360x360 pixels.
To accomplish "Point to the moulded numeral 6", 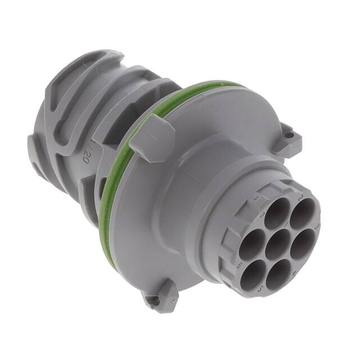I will [x=240, y=264].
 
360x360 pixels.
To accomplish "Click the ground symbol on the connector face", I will [x=255, y=198].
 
